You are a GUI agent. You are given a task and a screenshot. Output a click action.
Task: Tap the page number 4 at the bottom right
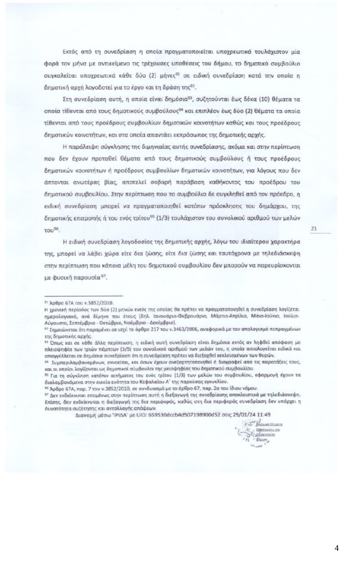pyautogui.click(x=337, y=548)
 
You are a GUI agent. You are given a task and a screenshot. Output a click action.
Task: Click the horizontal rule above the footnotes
pyautogui.click(x=83, y=296)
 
